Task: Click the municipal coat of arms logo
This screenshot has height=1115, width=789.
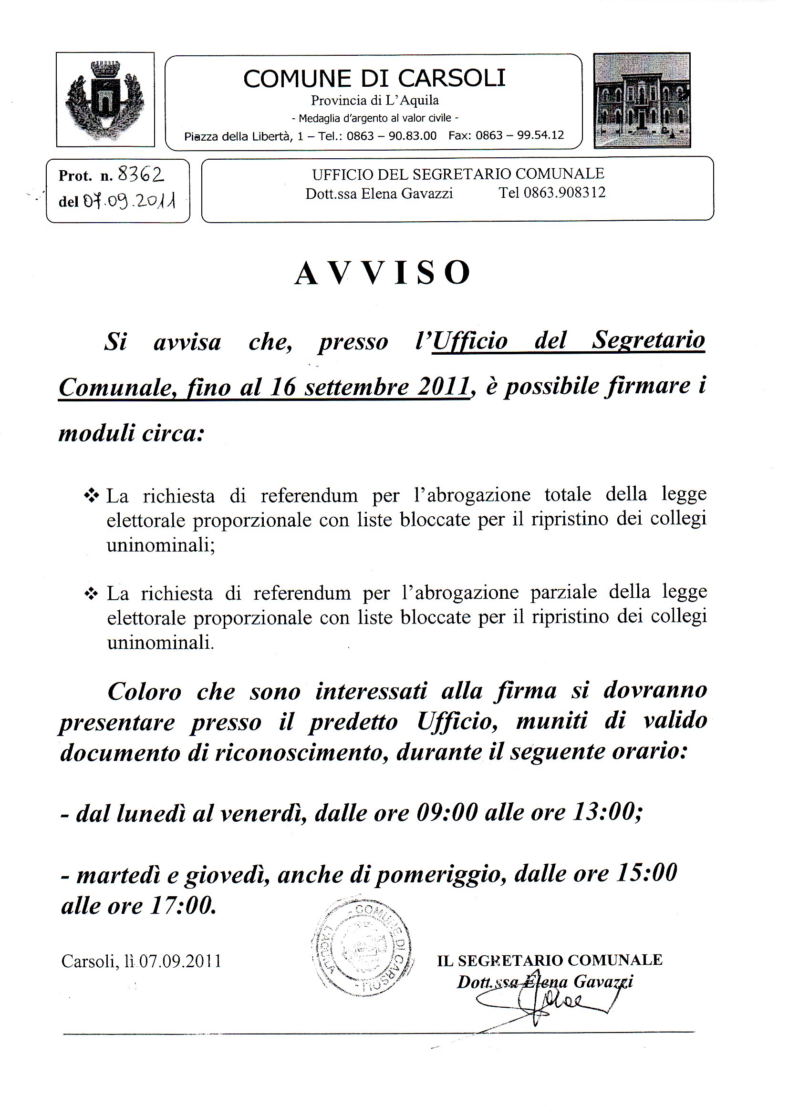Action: point(105,100)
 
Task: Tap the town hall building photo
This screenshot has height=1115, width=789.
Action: point(642,100)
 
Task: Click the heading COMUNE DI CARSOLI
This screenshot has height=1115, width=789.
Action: point(374,79)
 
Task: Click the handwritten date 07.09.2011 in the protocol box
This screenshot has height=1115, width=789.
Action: point(128,200)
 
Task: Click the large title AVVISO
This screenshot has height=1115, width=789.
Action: point(383,274)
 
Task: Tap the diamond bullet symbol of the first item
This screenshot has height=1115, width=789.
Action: point(91,496)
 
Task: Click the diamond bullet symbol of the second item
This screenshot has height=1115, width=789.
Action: point(91,593)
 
